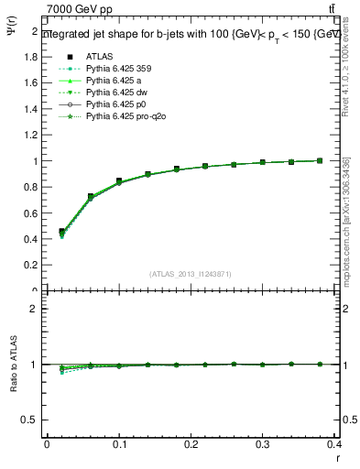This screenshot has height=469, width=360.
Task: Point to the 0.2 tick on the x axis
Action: (191, 444)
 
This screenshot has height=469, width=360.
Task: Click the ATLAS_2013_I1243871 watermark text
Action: (191, 274)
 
